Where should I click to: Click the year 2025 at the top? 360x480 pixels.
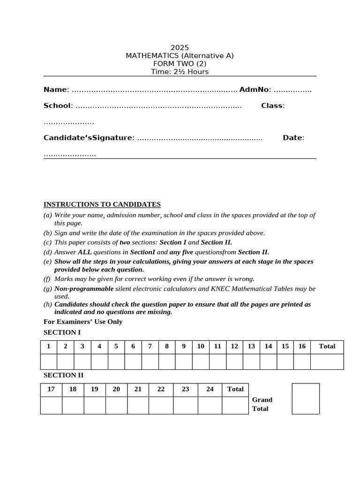click(x=180, y=47)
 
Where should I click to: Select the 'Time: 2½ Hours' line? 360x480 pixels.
click(x=180, y=72)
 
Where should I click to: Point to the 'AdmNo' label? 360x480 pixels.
click(x=254, y=90)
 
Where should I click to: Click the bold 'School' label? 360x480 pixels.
click(x=57, y=105)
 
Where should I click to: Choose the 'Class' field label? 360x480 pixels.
click(x=272, y=105)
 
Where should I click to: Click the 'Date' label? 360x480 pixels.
click(x=292, y=138)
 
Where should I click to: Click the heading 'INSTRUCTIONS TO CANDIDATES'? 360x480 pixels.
click(x=102, y=204)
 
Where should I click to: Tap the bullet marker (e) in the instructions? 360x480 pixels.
click(x=47, y=262)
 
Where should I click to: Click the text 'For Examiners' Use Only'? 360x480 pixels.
click(x=83, y=322)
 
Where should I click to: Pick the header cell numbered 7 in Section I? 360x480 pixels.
click(x=150, y=346)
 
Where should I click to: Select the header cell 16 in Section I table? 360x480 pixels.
click(x=302, y=346)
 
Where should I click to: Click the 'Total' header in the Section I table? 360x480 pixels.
click(x=327, y=346)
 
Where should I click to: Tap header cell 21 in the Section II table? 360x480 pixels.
click(x=138, y=389)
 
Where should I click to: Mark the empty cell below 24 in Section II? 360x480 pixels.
click(x=210, y=405)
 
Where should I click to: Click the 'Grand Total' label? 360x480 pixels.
click(x=262, y=404)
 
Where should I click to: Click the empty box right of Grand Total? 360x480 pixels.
click(x=306, y=399)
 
